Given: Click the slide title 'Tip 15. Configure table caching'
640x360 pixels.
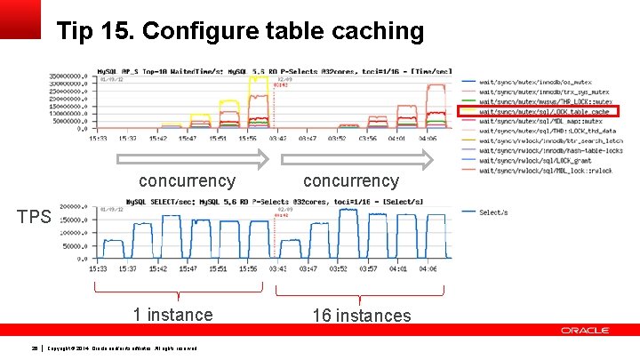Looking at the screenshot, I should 240,32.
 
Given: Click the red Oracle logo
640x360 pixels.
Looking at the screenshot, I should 585,331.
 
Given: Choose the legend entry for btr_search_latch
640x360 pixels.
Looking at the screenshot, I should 545,140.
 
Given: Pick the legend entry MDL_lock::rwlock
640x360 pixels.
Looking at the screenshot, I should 545,169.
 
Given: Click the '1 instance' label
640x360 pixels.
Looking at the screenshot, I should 172,314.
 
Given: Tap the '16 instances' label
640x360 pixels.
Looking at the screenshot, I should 361,315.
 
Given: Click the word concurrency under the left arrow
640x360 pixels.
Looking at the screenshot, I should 187,180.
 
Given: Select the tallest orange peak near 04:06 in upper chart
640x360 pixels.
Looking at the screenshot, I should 436,85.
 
